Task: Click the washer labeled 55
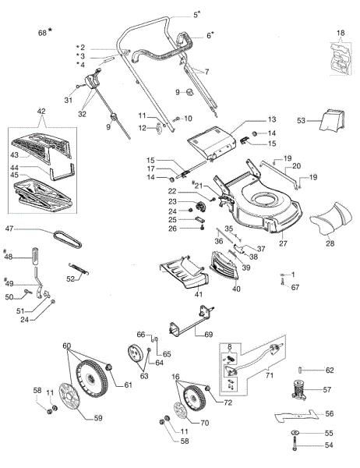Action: point(296,432)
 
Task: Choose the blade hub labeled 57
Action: point(299,388)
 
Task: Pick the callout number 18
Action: point(339,32)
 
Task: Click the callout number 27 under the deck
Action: point(282,244)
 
